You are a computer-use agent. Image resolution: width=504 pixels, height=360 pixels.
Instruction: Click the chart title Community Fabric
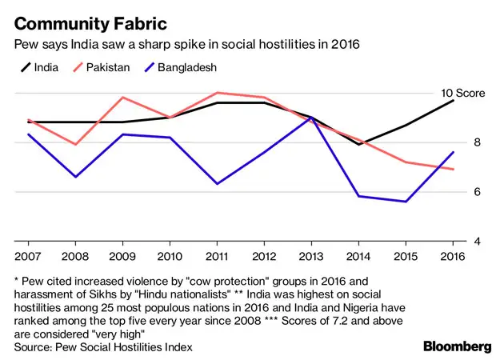coord(83,17)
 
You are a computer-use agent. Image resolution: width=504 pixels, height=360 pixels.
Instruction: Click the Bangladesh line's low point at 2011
coord(217,184)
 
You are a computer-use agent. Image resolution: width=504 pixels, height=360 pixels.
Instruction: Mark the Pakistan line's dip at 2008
coord(75,144)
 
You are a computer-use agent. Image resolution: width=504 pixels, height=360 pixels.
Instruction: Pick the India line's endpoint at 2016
coord(454,101)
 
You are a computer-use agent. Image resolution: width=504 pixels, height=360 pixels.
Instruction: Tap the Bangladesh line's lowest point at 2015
coord(406,202)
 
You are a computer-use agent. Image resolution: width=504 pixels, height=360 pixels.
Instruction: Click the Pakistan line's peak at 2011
coord(217,93)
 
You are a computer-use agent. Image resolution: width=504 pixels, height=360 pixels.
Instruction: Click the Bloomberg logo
coord(457,346)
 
